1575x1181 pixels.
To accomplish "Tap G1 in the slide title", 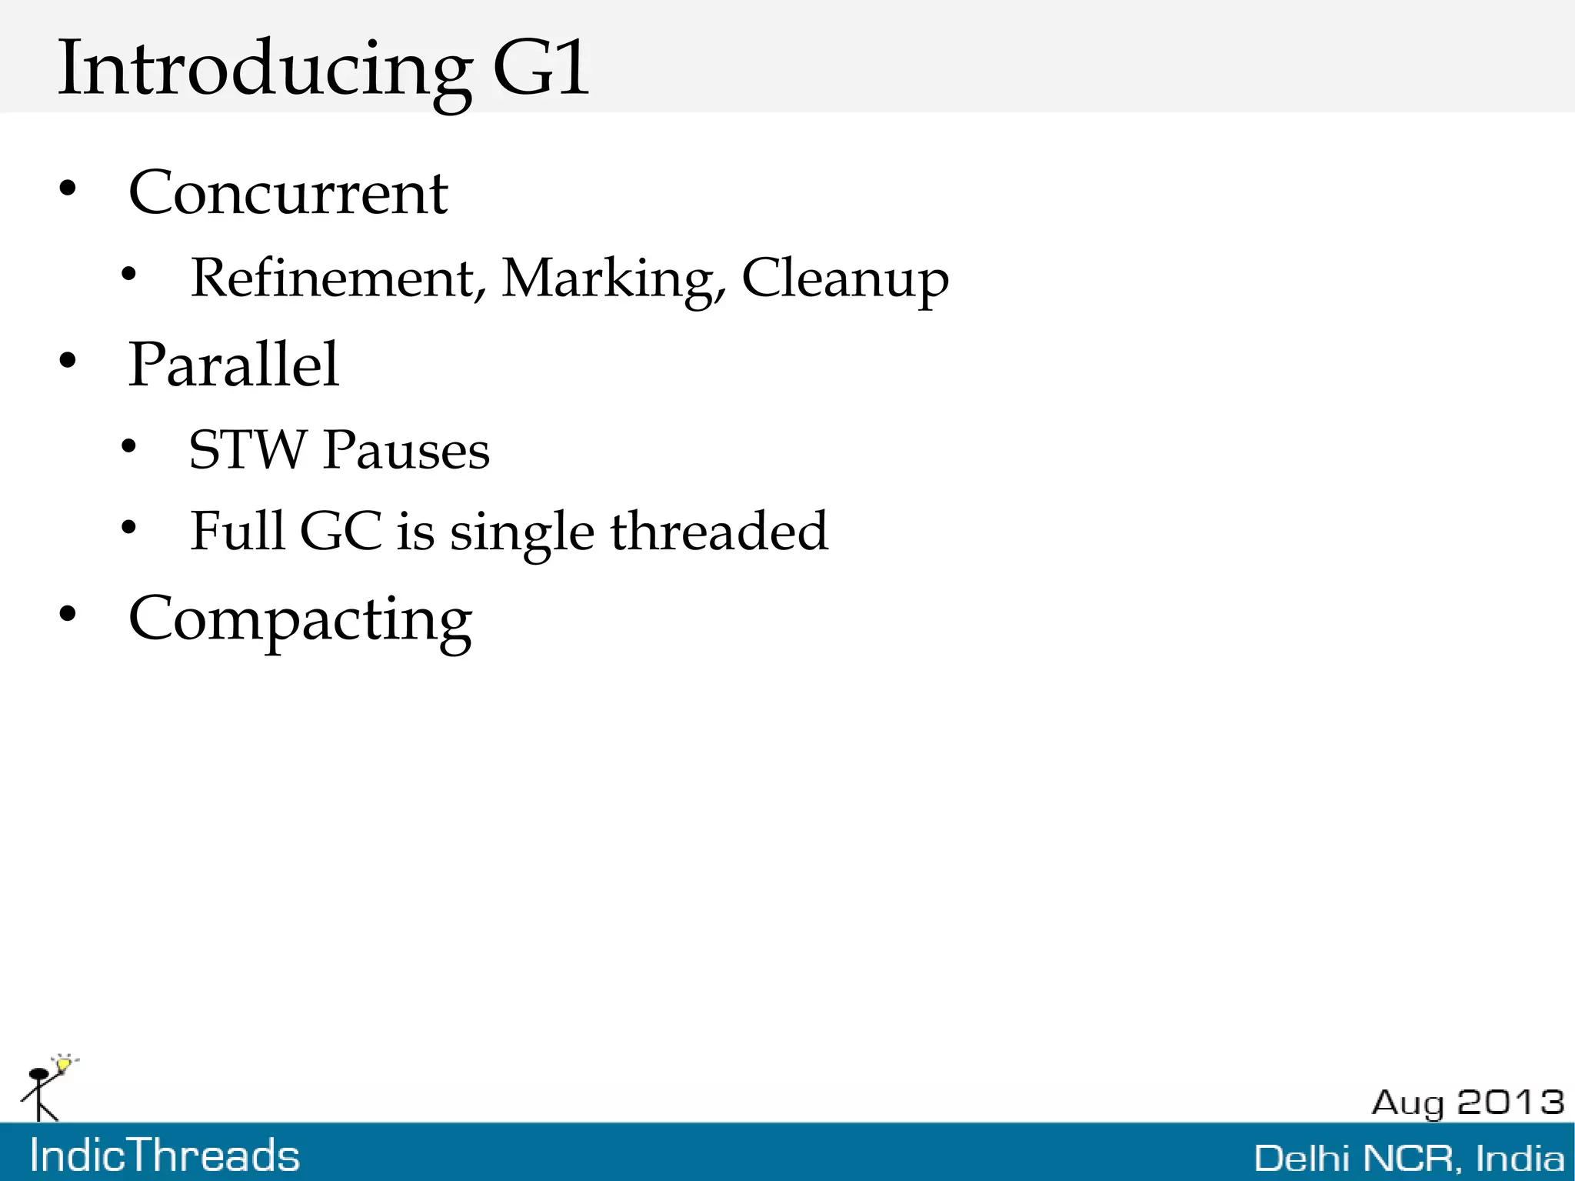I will pyautogui.click(x=540, y=69).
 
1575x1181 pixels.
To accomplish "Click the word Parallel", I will pyautogui.click(x=233, y=365).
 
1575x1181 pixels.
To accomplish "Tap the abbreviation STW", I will pyautogui.click(x=248, y=450).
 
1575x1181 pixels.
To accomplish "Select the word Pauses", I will pyautogui.click(x=406, y=450).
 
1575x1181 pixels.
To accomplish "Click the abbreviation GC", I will pyautogui.click(x=340, y=531).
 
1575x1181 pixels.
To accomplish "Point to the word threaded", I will pyautogui.click(x=719, y=531).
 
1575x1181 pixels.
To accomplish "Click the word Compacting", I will pyautogui.click(x=300, y=620).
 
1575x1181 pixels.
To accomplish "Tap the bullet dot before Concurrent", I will pyautogui.click(x=68, y=189).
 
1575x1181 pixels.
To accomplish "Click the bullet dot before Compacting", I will pyautogui.click(x=68, y=615).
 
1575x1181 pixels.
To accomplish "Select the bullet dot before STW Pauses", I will pyautogui.click(x=128, y=446).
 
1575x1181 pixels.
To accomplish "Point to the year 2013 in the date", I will pyautogui.click(x=1510, y=1102).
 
